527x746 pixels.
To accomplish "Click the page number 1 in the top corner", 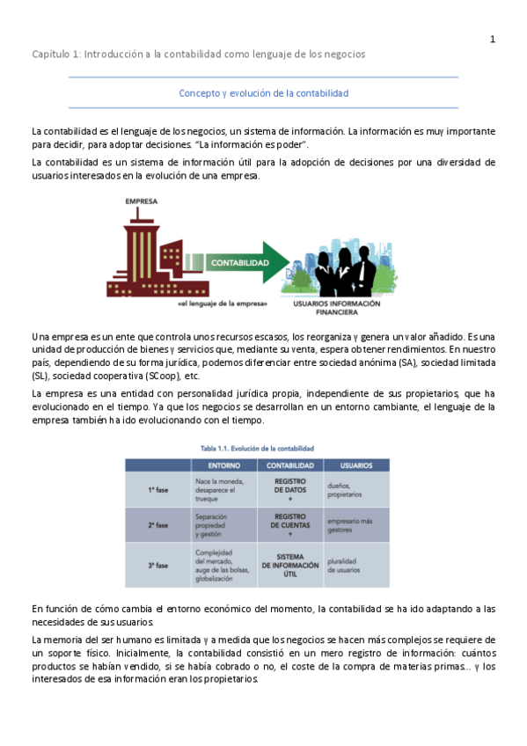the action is [x=493, y=39].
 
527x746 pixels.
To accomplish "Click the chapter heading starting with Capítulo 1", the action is [x=198, y=54].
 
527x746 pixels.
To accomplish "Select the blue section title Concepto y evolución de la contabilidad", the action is [x=264, y=92].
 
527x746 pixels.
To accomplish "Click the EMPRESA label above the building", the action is [x=142, y=201].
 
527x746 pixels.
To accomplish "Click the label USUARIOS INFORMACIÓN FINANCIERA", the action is [x=337, y=308].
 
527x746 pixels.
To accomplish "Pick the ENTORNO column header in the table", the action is [x=223, y=464].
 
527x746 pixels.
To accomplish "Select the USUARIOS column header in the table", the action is [x=355, y=464].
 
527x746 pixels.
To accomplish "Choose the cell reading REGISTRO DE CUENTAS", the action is [x=289, y=524].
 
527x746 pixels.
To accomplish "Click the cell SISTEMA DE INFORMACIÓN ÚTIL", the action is [x=289, y=565].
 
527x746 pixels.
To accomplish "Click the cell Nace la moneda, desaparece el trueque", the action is [x=221, y=488].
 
